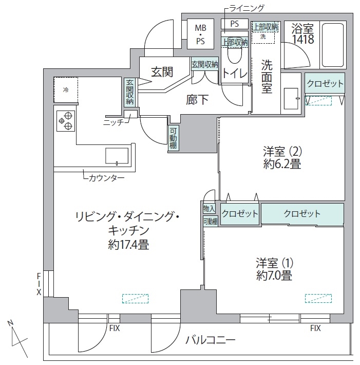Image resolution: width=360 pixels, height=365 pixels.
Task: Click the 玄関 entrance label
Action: point(162,72)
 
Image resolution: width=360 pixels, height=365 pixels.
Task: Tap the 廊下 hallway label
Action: point(197,100)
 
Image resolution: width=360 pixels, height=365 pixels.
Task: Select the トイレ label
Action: point(235,74)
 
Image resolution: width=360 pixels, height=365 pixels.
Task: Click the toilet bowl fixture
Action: point(235,54)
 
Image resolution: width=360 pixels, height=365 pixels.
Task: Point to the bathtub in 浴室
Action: point(333,45)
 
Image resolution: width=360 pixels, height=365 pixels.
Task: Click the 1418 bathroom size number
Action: point(304,39)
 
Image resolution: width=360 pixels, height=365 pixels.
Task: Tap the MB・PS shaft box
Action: point(200,34)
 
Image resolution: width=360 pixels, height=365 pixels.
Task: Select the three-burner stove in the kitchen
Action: point(66,121)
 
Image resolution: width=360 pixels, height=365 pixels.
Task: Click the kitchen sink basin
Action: point(117,156)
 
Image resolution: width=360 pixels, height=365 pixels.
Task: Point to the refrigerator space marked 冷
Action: point(66,89)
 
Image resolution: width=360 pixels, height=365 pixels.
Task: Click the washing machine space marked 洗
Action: point(263,36)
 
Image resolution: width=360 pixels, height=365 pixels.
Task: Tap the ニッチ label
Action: point(113,122)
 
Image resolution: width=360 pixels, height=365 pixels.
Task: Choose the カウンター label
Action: point(106,178)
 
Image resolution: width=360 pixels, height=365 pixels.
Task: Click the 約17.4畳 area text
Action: point(128,245)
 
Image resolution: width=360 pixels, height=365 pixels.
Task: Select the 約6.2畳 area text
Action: point(282,164)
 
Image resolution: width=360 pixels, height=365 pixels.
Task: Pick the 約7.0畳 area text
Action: point(274,276)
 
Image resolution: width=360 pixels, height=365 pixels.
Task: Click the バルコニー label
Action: point(211,340)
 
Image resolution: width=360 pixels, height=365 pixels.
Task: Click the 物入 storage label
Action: point(209,209)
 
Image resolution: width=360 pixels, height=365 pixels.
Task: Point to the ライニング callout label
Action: point(247,8)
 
